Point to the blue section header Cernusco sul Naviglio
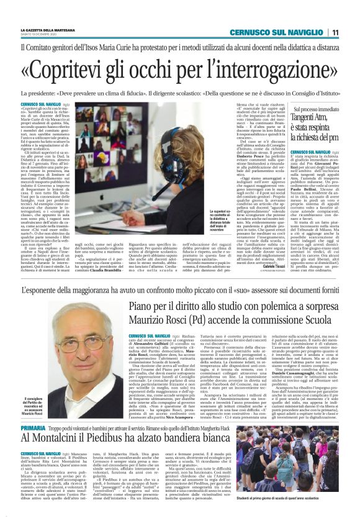pos(279,32)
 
